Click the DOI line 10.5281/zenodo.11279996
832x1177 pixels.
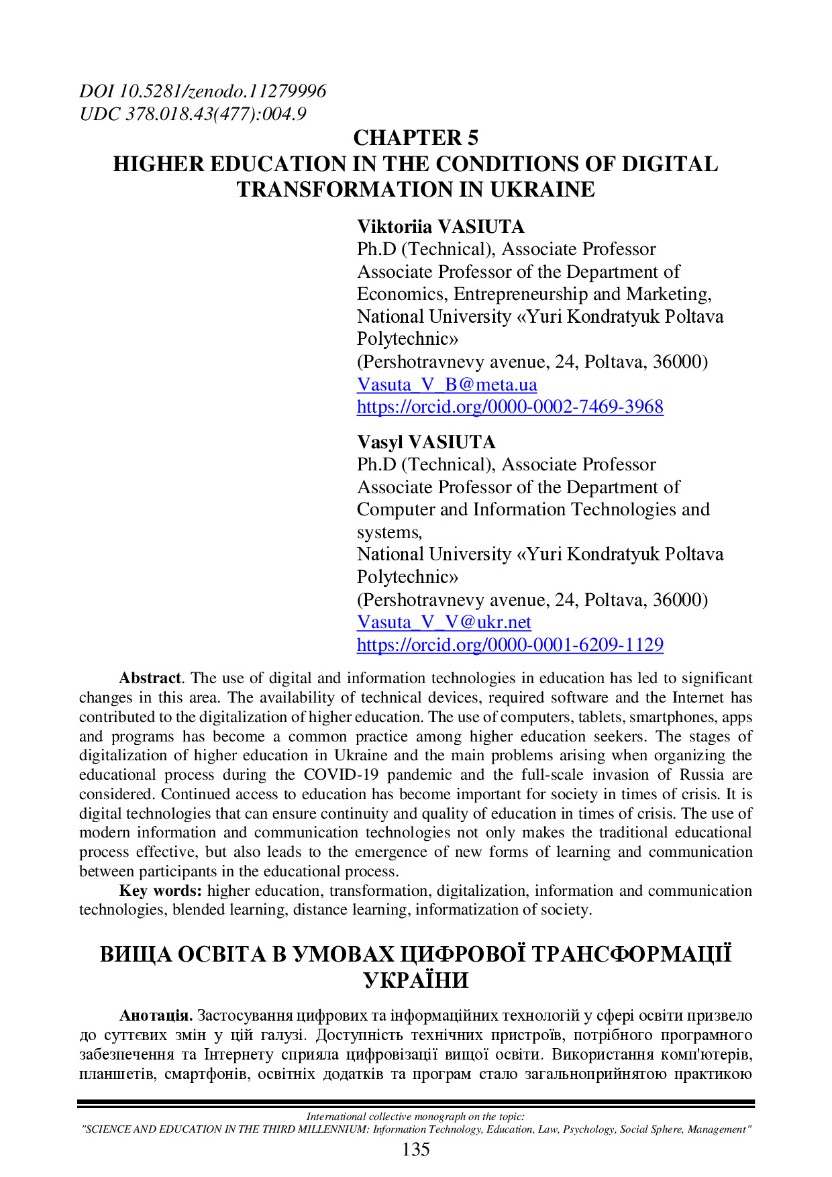[203, 91]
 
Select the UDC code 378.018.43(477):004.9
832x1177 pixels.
[193, 114]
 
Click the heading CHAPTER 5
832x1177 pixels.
[415, 138]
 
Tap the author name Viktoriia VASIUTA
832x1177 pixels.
[440, 227]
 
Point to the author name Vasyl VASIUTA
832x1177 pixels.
[426, 442]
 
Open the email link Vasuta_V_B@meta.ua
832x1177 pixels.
[447, 385]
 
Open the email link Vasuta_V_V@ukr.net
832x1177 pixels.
[444, 622]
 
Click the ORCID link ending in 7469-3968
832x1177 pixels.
[510, 407]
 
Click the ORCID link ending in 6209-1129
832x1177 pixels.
[510, 645]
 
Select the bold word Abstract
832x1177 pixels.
[150, 678]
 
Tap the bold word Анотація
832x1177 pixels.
[156, 1016]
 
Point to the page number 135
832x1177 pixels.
[415, 1150]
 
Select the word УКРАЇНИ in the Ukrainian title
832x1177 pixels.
[416, 981]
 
